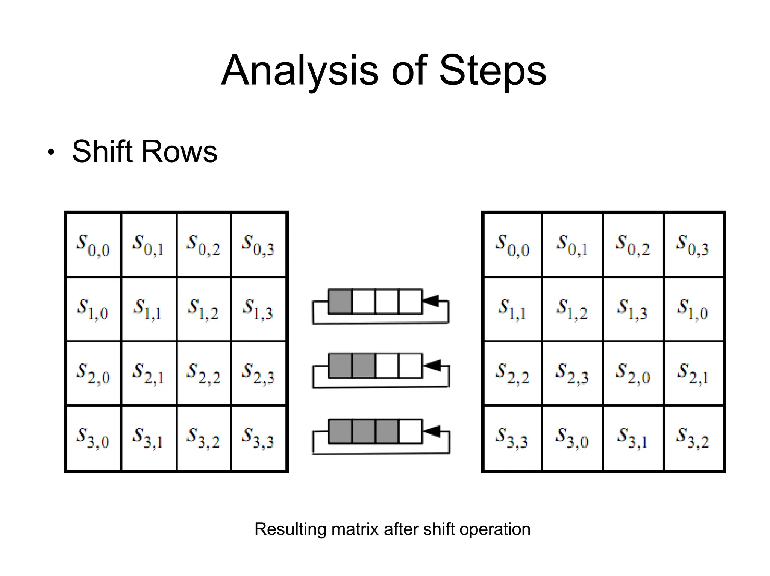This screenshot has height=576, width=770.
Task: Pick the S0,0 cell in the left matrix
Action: [x=93, y=245]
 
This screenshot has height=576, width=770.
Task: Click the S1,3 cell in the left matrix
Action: [x=258, y=309]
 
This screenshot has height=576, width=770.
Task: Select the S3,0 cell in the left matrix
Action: [x=93, y=437]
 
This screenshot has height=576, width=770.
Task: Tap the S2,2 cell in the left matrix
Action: [x=203, y=373]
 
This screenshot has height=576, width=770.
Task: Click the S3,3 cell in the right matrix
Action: [x=512, y=437]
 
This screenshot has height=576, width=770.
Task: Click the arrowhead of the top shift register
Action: [x=430, y=300]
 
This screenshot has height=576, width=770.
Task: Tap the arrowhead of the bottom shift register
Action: [x=431, y=431]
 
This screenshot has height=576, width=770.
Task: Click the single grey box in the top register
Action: [x=340, y=301]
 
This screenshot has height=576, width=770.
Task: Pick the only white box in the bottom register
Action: [x=410, y=431]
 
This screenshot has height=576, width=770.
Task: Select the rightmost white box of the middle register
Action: [x=410, y=366]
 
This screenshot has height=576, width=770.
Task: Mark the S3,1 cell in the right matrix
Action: [x=632, y=437]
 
